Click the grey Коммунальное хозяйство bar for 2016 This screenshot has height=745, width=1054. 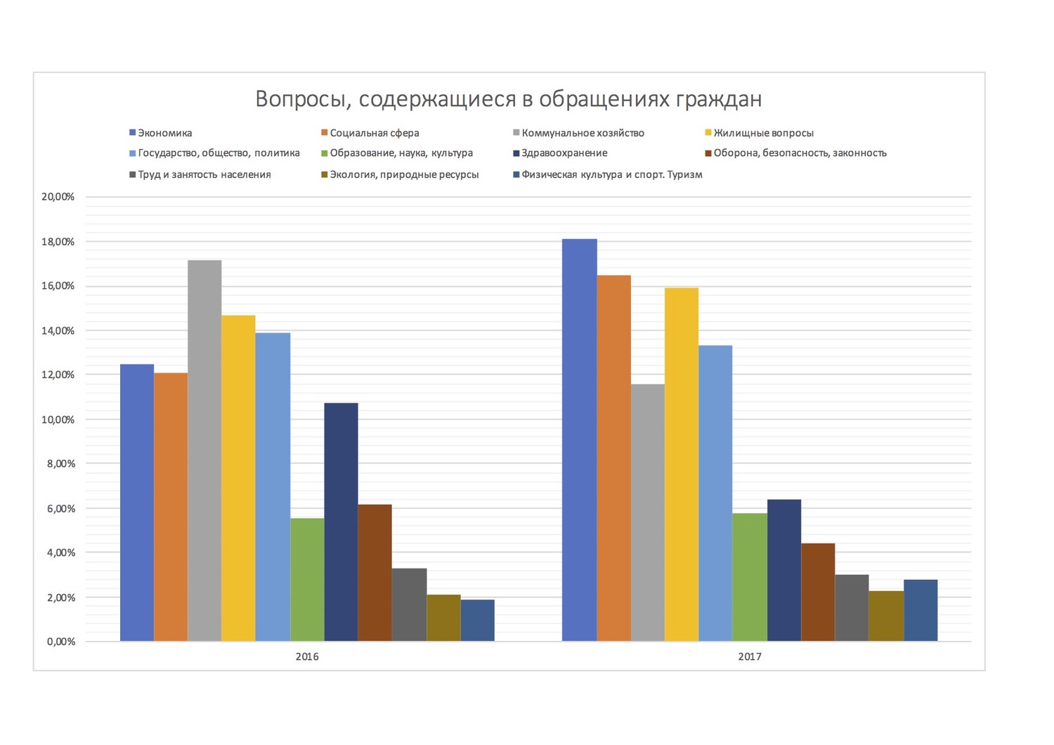pos(204,451)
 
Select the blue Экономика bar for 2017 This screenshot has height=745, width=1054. pos(580,440)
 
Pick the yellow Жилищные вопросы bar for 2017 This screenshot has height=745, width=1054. pos(682,464)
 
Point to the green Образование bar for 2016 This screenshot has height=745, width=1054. pos(307,579)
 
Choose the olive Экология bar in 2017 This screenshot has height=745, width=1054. pos(886,616)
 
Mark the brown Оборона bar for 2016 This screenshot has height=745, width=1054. pos(375,572)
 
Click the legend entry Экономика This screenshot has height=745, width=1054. pos(164,133)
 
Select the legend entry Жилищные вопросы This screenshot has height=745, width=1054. pos(763,133)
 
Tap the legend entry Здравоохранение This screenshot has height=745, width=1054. pos(564,153)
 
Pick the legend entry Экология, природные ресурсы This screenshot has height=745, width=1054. pos(404,174)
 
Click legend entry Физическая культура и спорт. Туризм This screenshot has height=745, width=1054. pos(611,174)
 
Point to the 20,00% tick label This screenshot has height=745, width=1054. pos(58,197)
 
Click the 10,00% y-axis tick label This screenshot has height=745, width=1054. pos(58,420)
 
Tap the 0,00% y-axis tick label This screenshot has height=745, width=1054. pos(61,642)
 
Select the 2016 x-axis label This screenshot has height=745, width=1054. pos(307,657)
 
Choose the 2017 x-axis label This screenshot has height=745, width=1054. pos(750,657)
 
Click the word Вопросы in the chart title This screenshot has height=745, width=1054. pos(301,99)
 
